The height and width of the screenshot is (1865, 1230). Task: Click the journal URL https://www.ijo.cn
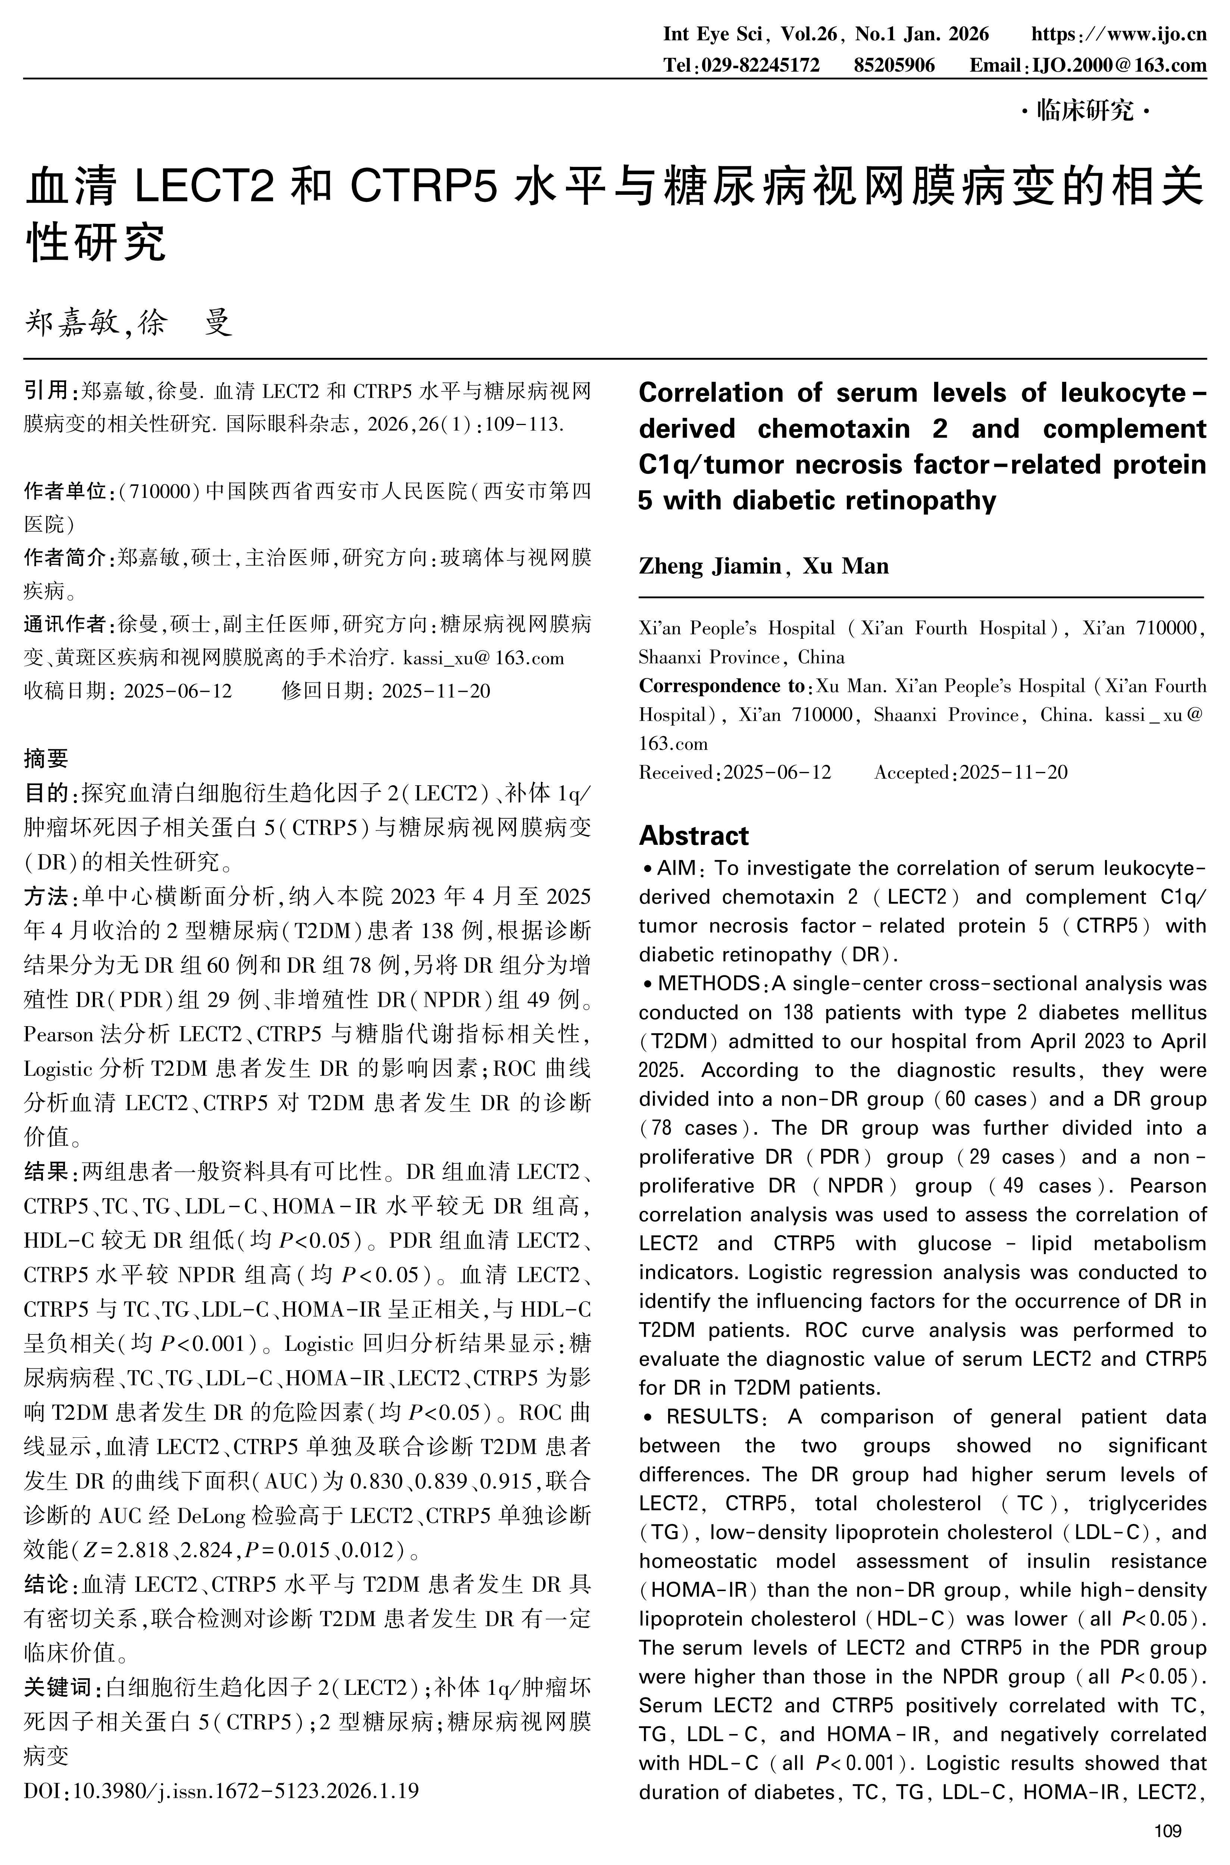coord(1118,35)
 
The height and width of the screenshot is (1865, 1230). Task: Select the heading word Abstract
coord(694,835)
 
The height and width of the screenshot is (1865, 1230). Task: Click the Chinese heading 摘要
coord(46,758)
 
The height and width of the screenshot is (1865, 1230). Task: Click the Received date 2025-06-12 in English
coord(777,773)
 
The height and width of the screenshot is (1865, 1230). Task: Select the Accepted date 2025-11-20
coord(1014,773)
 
